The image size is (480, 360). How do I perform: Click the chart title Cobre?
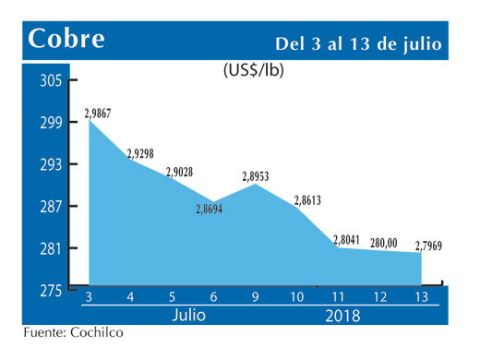click(66, 39)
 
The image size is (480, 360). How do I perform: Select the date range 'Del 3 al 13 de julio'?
click(358, 43)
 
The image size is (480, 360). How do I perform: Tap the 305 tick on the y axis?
click(51, 81)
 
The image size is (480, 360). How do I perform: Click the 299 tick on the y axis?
click(51, 123)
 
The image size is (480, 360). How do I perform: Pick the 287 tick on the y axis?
click(51, 207)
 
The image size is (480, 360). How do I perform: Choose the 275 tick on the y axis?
click(51, 291)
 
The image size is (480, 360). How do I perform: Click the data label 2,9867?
click(99, 113)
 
